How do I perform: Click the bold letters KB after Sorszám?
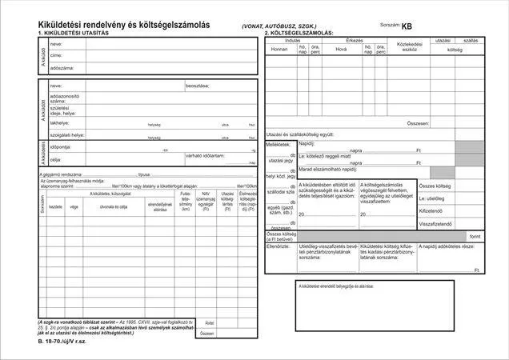(408, 26)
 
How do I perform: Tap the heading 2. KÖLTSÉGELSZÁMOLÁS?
(300, 33)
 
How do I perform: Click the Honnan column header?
(279, 48)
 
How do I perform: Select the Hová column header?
(340, 48)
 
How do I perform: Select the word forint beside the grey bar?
(475, 237)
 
